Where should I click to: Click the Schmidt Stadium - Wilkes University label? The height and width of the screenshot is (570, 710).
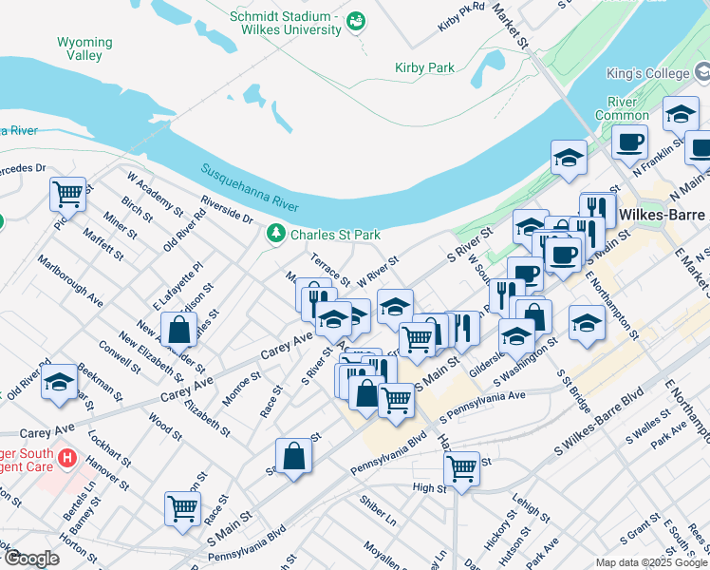[284, 23]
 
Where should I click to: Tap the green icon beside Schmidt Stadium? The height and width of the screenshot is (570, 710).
[356, 19]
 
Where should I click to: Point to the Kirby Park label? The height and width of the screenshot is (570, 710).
[424, 67]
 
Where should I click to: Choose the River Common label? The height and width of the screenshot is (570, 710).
[622, 108]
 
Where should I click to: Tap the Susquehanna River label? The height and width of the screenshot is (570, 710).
[249, 187]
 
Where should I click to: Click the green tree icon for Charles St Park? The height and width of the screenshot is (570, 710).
[276, 233]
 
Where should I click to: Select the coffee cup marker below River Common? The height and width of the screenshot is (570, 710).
[628, 142]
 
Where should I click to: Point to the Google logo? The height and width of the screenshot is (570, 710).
[31, 558]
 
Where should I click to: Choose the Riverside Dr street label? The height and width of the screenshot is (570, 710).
[227, 212]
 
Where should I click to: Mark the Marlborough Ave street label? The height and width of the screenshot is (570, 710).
[70, 280]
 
